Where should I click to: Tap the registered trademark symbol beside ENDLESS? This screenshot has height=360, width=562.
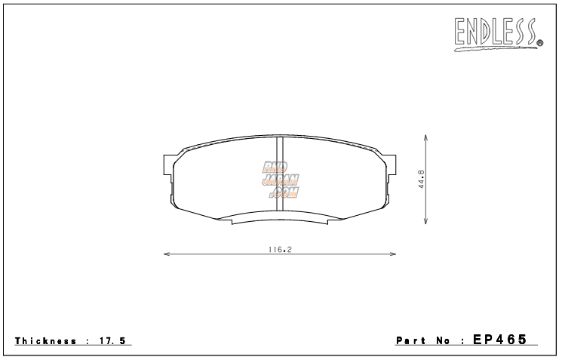[540, 45]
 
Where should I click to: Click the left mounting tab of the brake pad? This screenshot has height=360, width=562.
[169, 165]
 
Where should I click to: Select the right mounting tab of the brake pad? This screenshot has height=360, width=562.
[391, 165]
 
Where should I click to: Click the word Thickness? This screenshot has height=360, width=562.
[45, 341]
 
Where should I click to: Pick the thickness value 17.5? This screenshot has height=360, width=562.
[112, 341]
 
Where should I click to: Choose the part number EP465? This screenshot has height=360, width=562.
[499, 340]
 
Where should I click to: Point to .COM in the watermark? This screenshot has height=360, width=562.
[284, 192]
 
